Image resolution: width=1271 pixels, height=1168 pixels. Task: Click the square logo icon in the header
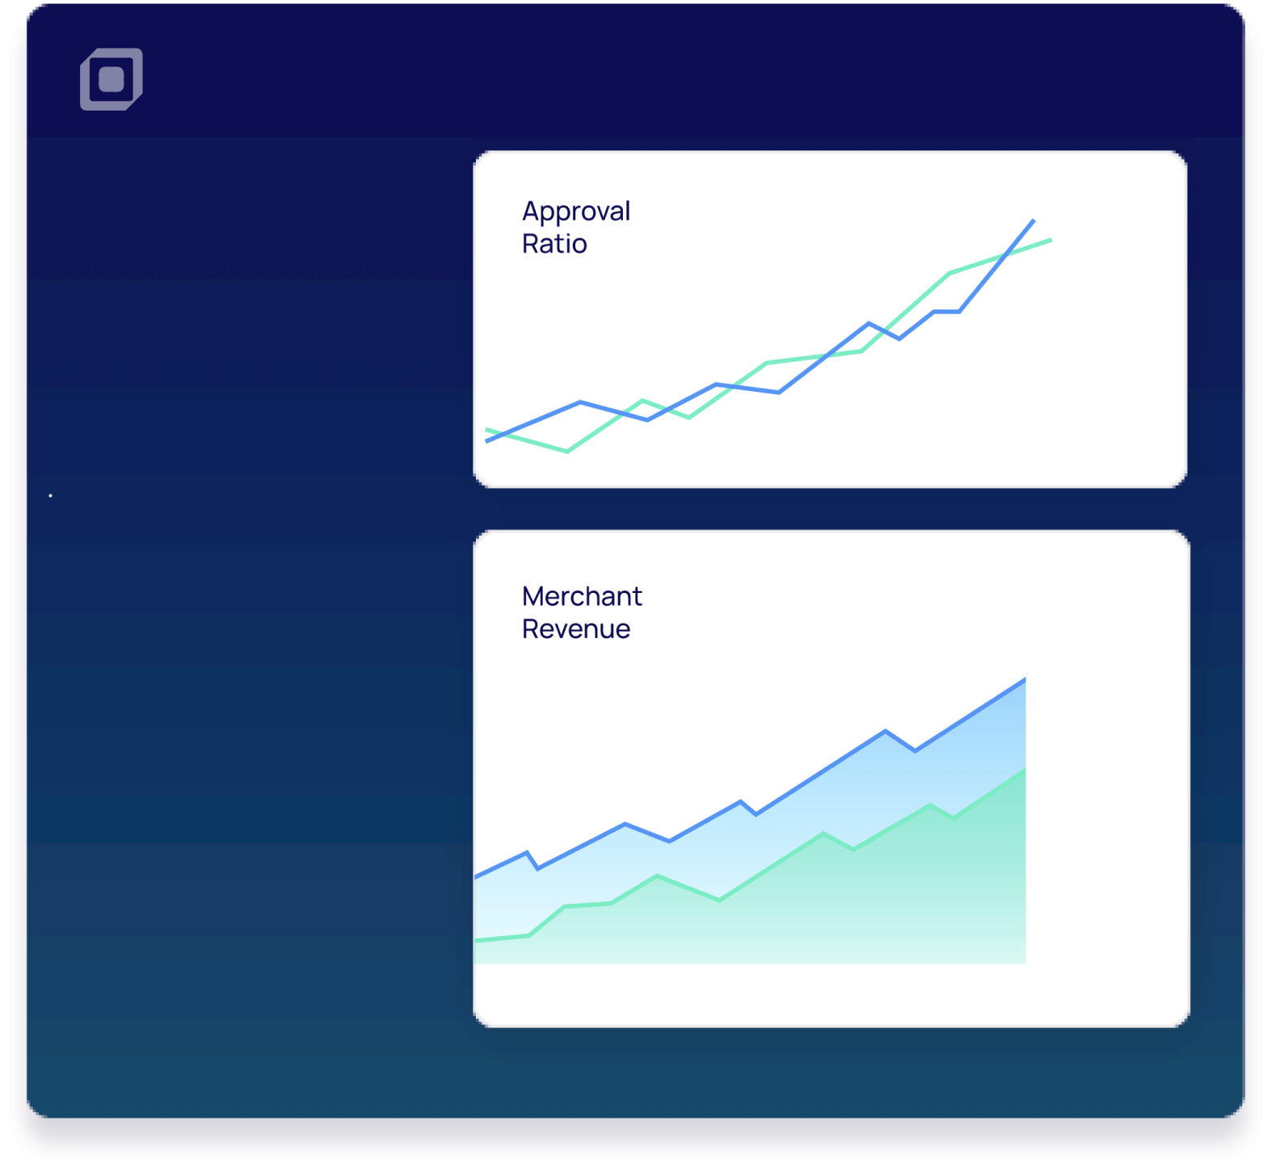point(112,79)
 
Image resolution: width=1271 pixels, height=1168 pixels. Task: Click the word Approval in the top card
point(576,212)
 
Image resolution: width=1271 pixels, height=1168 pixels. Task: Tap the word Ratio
point(554,243)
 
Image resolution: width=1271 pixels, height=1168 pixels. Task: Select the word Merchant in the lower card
point(582,596)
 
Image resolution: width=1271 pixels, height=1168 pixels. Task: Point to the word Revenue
point(575,628)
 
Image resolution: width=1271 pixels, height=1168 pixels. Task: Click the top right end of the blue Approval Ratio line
point(1033,220)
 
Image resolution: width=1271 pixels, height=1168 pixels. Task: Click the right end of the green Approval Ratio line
point(1050,240)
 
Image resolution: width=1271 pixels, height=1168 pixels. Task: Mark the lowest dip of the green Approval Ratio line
point(567,451)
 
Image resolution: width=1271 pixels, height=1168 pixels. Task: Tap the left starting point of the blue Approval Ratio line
point(486,441)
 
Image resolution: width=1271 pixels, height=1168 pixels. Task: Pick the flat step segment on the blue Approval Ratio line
point(946,311)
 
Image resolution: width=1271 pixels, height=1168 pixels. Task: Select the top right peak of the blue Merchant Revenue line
point(1025,679)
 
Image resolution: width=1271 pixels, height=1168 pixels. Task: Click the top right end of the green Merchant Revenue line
point(1025,770)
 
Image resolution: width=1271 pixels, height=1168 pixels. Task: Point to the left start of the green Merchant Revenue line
point(476,940)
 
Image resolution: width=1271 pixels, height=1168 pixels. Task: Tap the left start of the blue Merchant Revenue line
point(476,876)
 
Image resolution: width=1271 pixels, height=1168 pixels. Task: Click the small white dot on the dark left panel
point(50,495)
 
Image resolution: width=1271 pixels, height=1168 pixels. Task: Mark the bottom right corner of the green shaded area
point(1025,963)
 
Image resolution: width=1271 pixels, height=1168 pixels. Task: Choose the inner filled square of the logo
point(112,79)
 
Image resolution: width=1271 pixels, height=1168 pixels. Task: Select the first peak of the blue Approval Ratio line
point(581,401)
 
